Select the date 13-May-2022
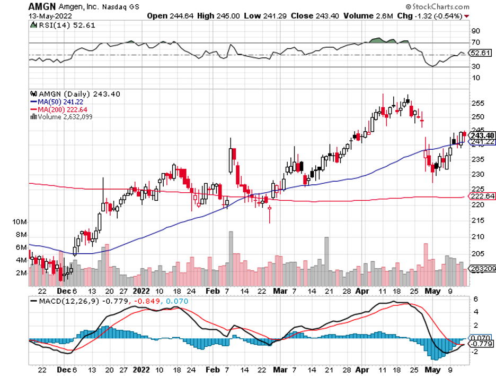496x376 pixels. pos(50,16)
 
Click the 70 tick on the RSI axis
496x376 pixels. pos(476,42)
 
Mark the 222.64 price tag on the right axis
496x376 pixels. pos(483,196)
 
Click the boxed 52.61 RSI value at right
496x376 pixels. pos(482,53)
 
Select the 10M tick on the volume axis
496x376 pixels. pos(20,221)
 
